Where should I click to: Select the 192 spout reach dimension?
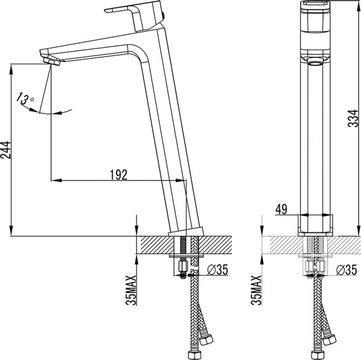pyautogui.click(x=119, y=175)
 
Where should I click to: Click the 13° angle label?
pyautogui.click(x=25, y=98)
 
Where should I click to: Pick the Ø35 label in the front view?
pyautogui.click(x=348, y=270)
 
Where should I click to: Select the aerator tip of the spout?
pyautogui.click(x=49, y=60)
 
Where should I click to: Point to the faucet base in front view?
pyautogui.click(x=316, y=225)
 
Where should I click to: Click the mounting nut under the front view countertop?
pyautogui.click(x=316, y=265)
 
